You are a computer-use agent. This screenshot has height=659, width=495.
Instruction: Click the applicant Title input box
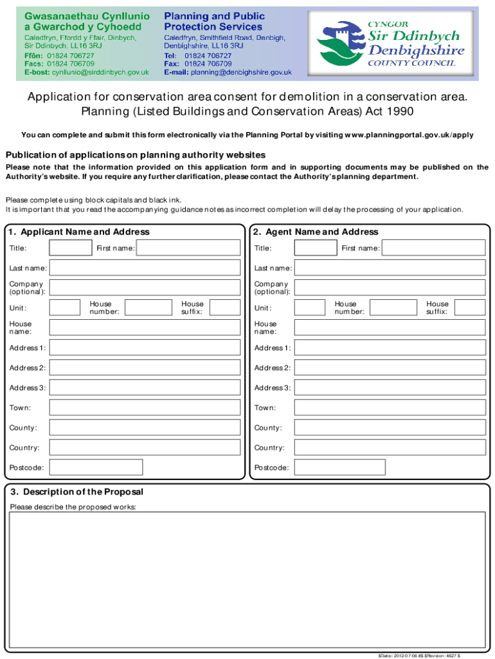71,248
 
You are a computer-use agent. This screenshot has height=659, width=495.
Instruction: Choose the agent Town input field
390,408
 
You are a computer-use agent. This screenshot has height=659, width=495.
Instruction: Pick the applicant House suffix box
225,308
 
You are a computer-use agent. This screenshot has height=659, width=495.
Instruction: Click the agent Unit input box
310,308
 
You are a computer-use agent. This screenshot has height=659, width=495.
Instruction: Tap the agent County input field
390,428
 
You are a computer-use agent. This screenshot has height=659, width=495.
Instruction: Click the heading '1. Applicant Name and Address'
79,232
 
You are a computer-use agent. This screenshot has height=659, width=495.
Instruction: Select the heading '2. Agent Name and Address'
316,232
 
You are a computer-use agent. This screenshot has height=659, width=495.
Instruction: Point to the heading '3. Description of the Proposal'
75,492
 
